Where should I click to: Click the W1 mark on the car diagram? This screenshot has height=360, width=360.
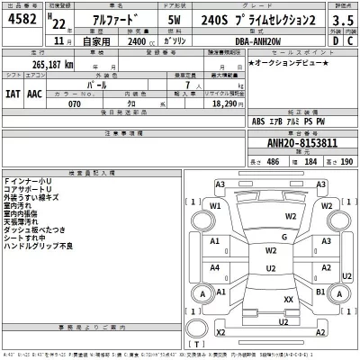pos(215,206)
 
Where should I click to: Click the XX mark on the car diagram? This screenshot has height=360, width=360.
pos(288,298)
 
